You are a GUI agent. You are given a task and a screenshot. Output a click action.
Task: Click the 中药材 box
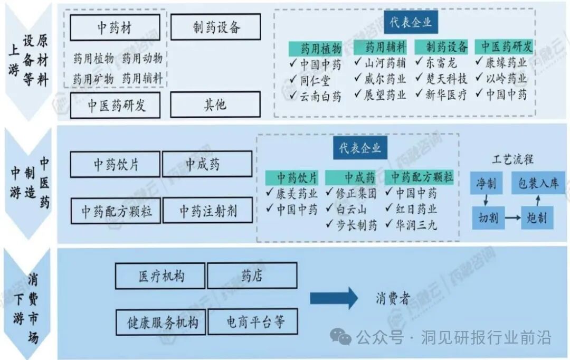tap(115, 27)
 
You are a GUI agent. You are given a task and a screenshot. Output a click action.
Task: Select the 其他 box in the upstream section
tap(215, 105)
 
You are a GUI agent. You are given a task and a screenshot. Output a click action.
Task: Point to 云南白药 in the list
tap(321, 96)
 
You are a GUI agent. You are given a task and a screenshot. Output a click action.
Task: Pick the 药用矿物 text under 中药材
tap(93, 79)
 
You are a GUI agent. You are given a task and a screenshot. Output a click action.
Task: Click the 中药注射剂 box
tap(207, 211)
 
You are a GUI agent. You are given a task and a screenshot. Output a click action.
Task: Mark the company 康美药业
tap(297, 193)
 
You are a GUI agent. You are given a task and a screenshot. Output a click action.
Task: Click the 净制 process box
tap(484, 184)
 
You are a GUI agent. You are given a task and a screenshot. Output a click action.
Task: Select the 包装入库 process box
tap(538, 184)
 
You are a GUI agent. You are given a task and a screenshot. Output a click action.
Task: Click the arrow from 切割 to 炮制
tap(512, 217)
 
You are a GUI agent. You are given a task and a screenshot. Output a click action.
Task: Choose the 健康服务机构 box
tap(159, 322)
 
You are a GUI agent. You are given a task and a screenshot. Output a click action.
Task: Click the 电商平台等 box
tap(253, 322)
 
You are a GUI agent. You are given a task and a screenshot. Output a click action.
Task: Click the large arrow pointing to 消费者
tap(334, 299)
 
